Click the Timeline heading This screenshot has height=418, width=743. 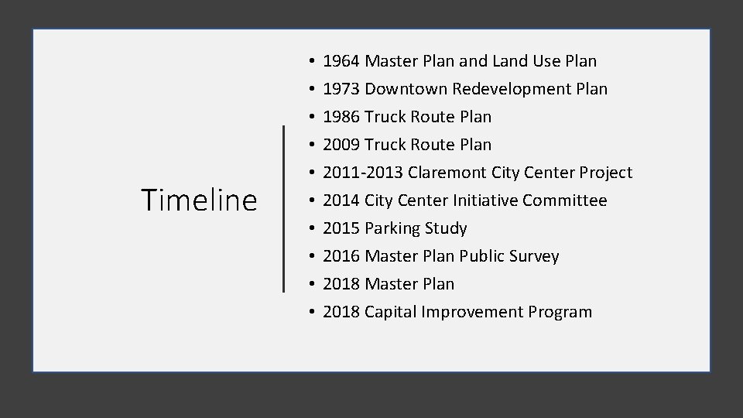pos(199,200)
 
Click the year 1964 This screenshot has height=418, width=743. pos(341,61)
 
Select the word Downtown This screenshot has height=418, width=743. pos(406,89)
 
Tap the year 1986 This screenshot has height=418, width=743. pos(341,117)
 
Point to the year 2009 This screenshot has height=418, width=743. pos(341,145)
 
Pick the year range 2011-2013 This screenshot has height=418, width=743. pos(362,173)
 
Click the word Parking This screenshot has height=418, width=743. pos(394,228)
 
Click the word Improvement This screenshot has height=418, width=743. pos(473,312)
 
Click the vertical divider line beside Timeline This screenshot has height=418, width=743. pos(284,208)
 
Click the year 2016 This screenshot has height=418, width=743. pos(341,256)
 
